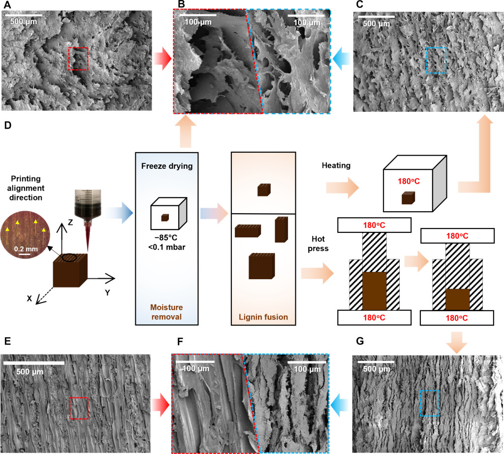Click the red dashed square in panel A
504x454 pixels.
click(69, 59)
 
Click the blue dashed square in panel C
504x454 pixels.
click(427, 60)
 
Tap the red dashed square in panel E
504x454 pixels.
click(70, 408)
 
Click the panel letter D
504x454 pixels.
click(8, 125)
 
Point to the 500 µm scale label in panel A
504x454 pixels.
click(24, 22)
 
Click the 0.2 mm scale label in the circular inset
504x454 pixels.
click(26, 249)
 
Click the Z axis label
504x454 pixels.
click(70, 222)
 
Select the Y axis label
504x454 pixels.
click(107, 292)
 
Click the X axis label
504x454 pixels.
click(29, 298)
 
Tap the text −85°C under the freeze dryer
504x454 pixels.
click(166, 238)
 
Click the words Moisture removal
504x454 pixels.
click(166, 312)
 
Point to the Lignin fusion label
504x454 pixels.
click(263, 317)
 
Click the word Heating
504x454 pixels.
click(336, 165)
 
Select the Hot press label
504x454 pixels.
click(318, 243)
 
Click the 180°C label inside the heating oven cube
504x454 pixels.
click(409, 181)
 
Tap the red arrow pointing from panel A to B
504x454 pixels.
click(162, 59)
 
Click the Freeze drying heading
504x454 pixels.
click(167, 166)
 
